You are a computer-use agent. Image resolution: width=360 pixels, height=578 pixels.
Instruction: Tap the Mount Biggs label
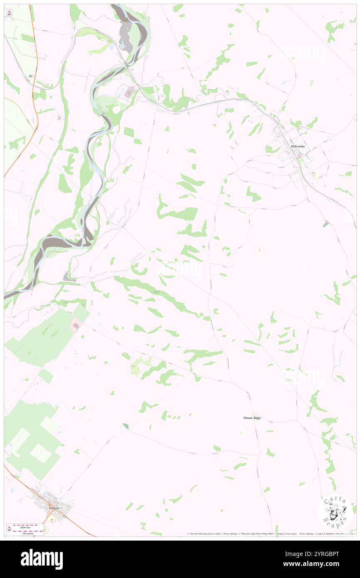pos(252,417)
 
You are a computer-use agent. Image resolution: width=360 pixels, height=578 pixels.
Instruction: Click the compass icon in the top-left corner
pos(9,12)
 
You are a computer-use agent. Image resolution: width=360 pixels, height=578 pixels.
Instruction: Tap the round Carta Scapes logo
pos(335,513)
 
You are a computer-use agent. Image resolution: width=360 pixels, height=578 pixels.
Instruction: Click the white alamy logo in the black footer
pos(42,559)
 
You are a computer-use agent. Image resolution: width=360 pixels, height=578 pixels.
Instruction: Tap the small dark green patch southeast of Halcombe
pos(325,224)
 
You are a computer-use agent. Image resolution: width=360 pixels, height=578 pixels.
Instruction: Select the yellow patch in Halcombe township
pos(315,176)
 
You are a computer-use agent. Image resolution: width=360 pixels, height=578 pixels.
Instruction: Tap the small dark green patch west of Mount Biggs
pos(126,426)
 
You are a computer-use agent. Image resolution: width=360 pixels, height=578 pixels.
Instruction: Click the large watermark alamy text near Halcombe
pos(303,53)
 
